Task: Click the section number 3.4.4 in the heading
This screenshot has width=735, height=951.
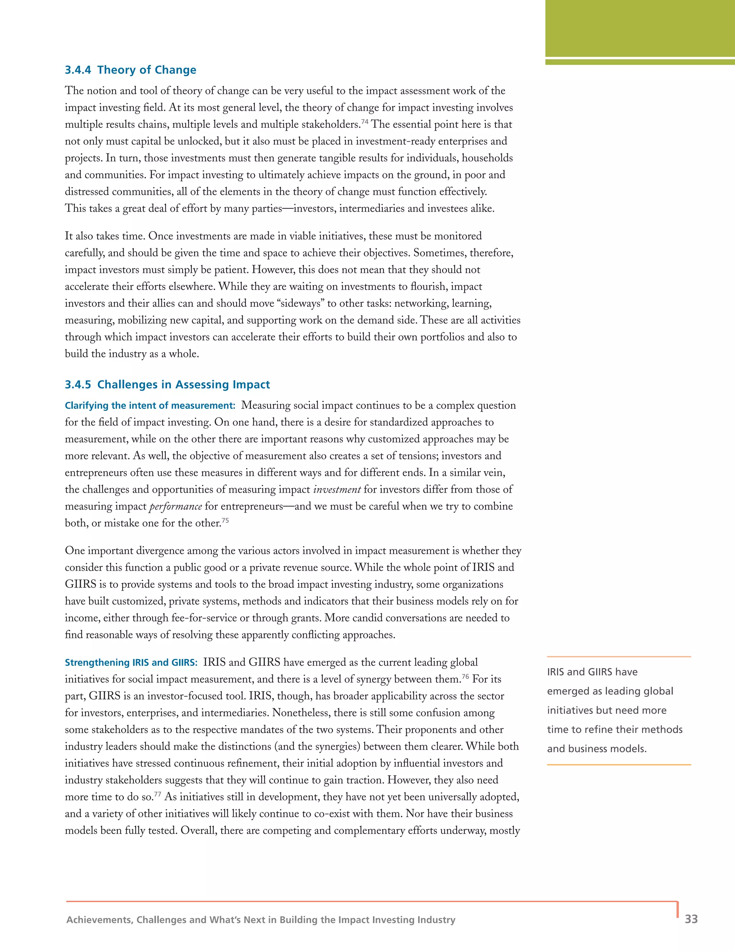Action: pos(78,70)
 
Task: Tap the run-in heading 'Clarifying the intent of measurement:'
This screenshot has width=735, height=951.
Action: pos(150,406)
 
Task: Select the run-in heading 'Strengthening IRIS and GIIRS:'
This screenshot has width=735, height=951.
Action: pos(131,663)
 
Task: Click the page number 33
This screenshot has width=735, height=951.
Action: pos(691,919)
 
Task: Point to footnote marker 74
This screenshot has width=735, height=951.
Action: pos(365,122)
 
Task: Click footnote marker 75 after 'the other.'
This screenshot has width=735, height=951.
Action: pos(225,520)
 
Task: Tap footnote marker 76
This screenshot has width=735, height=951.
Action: pos(465,676)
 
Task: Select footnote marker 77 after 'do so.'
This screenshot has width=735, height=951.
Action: pos(157,794)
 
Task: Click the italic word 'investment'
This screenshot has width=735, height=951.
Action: pos(337,490)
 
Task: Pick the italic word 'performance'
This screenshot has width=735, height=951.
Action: pos(175,507)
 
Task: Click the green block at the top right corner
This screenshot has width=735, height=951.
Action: pos(640,28)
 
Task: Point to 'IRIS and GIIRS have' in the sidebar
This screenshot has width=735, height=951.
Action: pos(592,672)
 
